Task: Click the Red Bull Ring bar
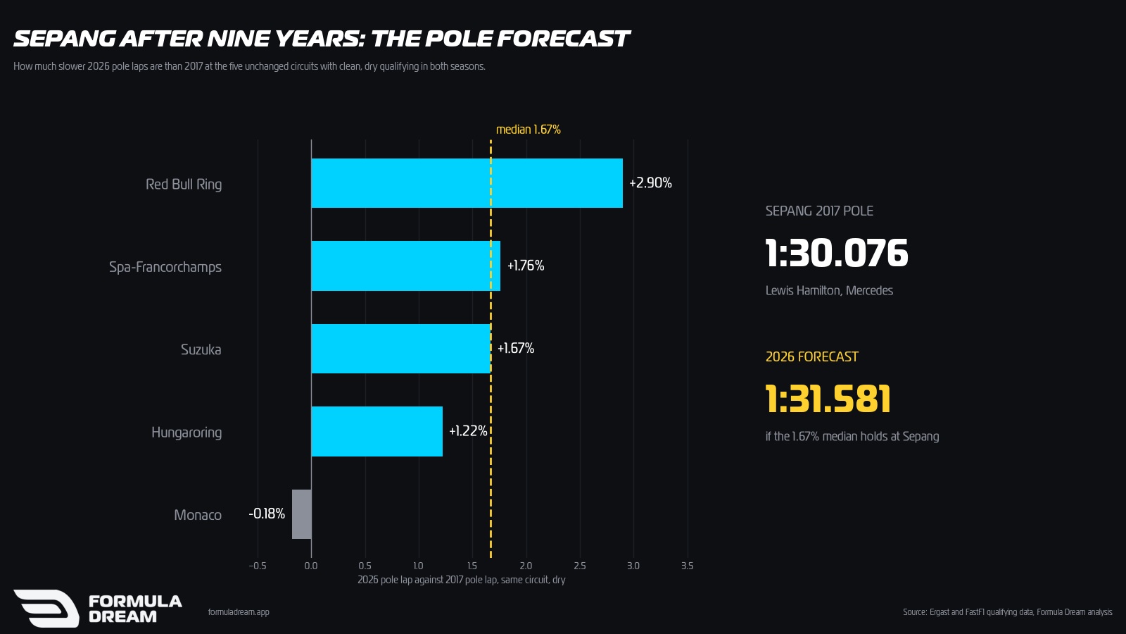(467, 183)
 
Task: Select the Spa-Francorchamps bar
(405, 266)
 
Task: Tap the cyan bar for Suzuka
(401, 349)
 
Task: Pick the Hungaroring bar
(377, 431)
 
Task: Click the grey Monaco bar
(302, 514)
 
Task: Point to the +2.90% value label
(650, 182)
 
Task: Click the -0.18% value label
(267, 514)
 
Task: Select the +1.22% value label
(468, 431)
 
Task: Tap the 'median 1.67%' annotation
(529, 130)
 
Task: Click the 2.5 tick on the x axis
(580, 566)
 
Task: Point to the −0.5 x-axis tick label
(258, 566)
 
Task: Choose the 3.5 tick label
(687, 566)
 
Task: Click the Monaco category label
(198, 515)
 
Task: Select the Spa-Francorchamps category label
(165, 267)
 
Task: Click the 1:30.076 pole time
(837, 253)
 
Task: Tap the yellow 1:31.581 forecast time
(828, 399)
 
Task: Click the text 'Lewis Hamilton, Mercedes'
(830, 291)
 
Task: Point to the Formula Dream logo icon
(46, 609)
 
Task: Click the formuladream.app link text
(239, 612)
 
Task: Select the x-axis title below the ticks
(462, 580)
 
